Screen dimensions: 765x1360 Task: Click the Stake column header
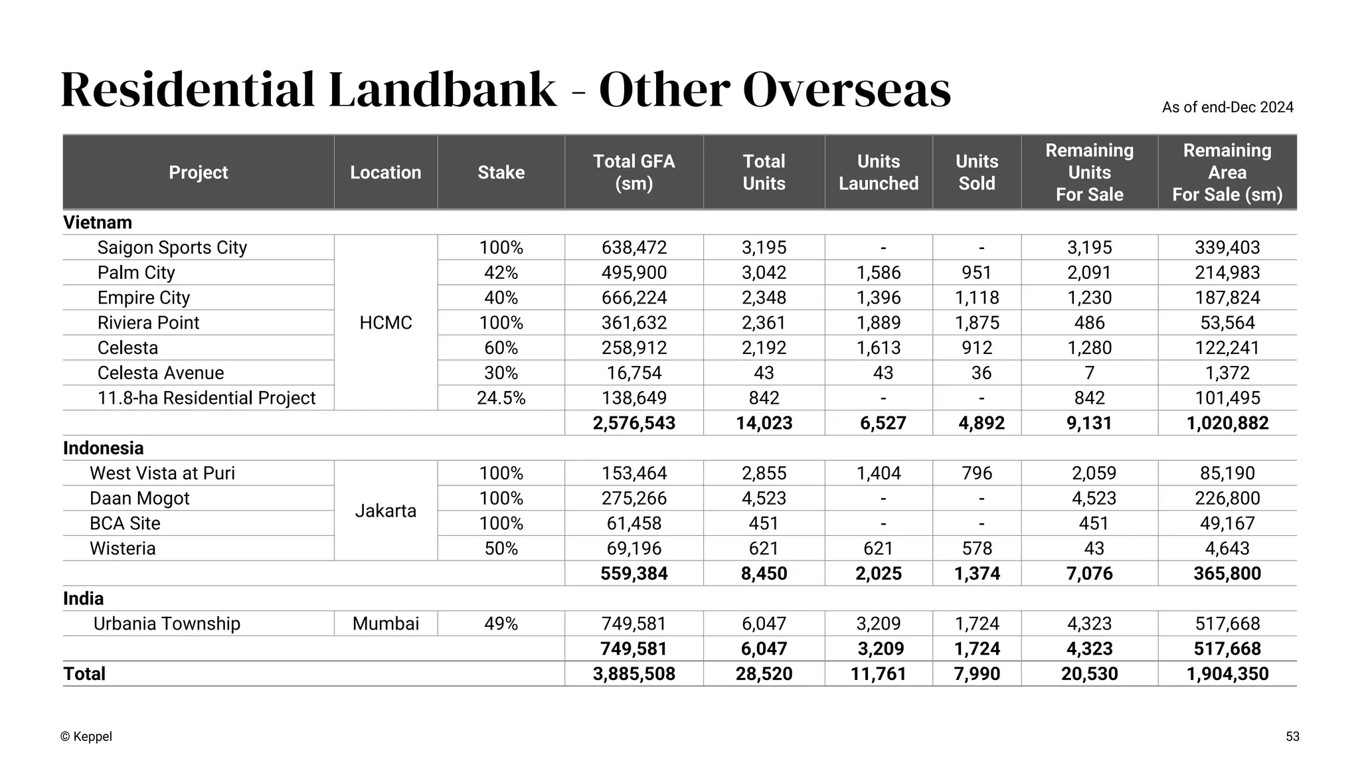click(501, 173)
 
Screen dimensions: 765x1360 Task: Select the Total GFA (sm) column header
click(634, 173)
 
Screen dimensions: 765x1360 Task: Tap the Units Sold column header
click(976, 173)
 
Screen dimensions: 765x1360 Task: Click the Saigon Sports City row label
click(172, 248)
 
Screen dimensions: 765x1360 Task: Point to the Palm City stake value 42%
click(501, 273)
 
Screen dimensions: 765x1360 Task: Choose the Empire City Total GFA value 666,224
click(634, 298)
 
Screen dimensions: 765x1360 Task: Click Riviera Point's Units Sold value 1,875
click(976, 323)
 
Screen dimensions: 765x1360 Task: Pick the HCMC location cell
click(385, 323)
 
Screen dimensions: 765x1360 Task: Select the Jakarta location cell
click(385, 511)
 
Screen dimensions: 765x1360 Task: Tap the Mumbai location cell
click(385, 624)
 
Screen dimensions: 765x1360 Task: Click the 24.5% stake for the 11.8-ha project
click(501, 398)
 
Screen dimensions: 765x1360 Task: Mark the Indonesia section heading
click(103, 448)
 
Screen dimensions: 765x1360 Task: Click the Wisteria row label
click(123, 549)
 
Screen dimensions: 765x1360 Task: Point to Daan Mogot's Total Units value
click(764, 499)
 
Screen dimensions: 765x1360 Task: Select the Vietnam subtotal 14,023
click(764, 424)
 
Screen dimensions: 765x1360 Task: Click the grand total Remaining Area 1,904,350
click(1227, 674)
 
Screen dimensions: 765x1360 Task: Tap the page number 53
click(1292, 736)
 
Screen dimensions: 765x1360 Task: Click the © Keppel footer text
click(86, 736)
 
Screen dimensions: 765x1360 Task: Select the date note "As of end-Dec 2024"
click(1227, 108)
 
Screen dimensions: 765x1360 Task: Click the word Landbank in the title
click(442, 90)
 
